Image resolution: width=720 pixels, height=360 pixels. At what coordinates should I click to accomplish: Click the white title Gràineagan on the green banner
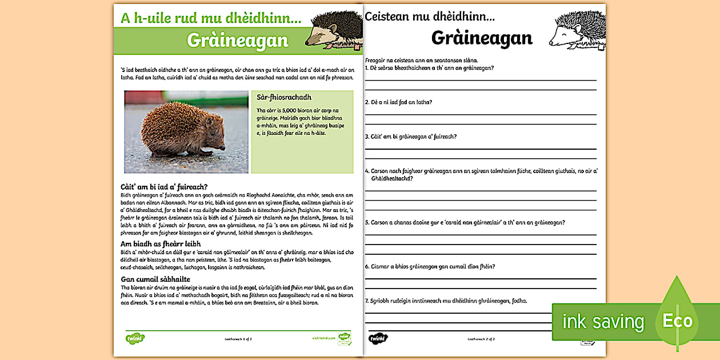(237, 41)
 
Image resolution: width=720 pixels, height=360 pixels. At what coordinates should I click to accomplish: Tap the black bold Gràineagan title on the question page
(482, 38)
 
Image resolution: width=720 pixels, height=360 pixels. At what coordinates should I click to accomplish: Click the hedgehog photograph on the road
(186, 131)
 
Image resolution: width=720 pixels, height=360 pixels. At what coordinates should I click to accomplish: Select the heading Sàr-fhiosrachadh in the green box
(284, 98)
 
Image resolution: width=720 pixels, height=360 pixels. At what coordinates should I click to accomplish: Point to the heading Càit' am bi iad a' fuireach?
(164, 186)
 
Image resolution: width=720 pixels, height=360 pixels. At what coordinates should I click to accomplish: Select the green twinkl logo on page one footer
(135, 338)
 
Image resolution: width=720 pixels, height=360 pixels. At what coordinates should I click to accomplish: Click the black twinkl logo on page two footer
(378, 338)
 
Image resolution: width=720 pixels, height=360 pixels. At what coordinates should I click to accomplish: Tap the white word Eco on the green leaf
(677, 321)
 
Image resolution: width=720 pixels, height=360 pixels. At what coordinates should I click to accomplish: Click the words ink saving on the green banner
(603, 322)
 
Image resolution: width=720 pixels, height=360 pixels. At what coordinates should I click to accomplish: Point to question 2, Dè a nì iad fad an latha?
(399, 102)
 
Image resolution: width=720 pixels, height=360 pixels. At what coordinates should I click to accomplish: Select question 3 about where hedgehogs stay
(410, 137)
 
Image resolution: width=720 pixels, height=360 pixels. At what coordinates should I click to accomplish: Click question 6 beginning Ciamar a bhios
(430, 266)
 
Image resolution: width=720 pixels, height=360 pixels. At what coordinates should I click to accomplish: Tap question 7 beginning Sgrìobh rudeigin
(446, 301)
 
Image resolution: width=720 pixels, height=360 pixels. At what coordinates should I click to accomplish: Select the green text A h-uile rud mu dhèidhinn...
(211, 18)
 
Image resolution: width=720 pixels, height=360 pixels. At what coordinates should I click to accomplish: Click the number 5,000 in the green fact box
(289, 110)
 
